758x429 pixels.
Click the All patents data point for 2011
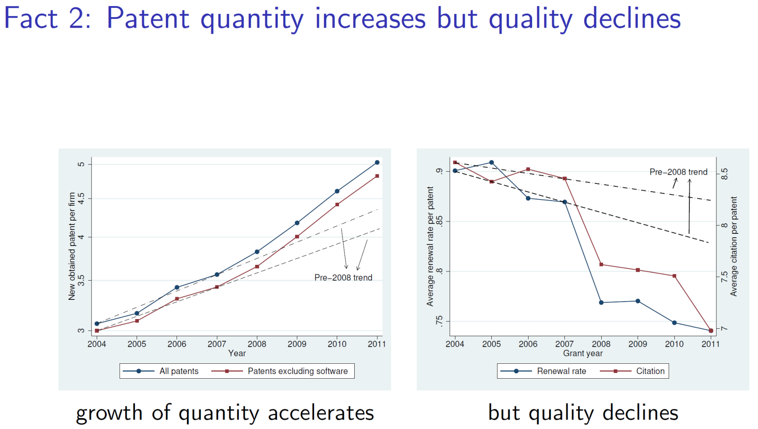point(377,162)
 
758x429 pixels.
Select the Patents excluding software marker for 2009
point(297,237)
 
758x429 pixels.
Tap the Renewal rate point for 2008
point(601,302)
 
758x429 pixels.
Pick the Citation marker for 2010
point(674,276)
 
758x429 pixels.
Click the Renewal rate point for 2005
point(491,162)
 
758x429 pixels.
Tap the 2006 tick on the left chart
point(177,344)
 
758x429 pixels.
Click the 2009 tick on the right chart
point(638,344)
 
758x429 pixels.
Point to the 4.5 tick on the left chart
point(81,199)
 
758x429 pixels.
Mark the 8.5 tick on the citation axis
point(725,174)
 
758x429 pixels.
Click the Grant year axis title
point(582,353)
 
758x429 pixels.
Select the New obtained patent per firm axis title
point(72,246)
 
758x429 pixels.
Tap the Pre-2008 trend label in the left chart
point(343,278)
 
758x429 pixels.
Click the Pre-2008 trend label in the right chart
point(678,172)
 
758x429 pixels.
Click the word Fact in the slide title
point(31,18)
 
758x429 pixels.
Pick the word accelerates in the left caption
point(321,413)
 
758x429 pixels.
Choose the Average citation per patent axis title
point(734,246)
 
